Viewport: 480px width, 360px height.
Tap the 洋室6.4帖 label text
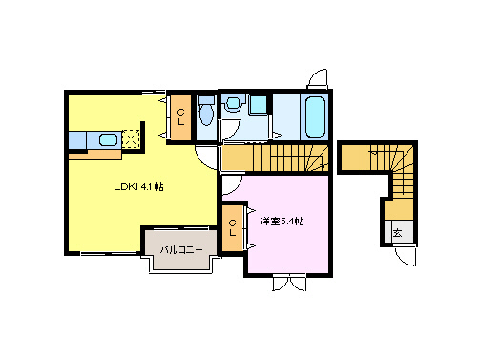282,222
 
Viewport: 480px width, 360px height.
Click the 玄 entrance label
396,232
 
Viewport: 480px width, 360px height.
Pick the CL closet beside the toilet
179,118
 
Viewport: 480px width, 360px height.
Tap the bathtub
315,116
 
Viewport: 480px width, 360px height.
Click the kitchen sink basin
108,140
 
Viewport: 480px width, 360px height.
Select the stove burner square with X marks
131,140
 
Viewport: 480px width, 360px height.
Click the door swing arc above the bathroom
318,78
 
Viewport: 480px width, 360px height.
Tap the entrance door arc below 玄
405,255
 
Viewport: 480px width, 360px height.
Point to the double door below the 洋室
288,283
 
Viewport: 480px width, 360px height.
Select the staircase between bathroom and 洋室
276,156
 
